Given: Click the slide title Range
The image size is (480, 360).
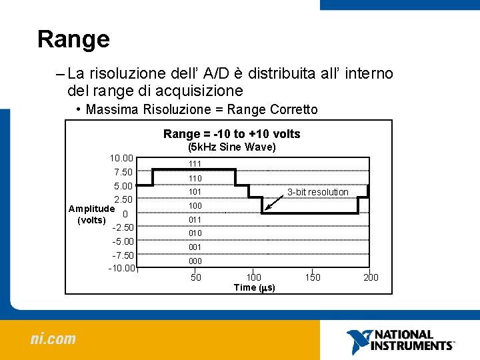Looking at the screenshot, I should [x=73, y=39].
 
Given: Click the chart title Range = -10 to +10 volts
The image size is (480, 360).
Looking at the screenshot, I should [x=231, y=134].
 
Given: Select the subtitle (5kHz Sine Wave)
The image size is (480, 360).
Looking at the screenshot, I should [x=231, y=147].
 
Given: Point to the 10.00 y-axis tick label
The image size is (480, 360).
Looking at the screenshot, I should [x=121, y=158].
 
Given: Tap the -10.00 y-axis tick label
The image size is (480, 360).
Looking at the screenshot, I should [x=121, y=269].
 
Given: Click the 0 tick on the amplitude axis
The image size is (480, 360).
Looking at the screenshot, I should [x=125, y=213].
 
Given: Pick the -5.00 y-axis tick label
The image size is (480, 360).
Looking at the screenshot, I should [x=123, y=241].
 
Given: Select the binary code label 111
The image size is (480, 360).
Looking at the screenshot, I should [x=195, y=164].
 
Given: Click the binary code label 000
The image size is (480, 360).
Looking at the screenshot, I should [x=195, y=261].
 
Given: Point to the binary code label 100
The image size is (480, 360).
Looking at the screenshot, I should [x=195, y=206].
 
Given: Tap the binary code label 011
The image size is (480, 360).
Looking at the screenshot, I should [x=195, y=219].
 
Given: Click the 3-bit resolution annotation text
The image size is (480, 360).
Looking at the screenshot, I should [x=317, y=192].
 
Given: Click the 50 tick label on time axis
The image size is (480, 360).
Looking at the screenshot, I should [x=196, y=277].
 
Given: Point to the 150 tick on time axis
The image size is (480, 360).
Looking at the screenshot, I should [x=312, y=277].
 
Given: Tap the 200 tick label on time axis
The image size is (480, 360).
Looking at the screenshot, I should [x=370, y=277].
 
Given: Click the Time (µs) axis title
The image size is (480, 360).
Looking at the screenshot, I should [x=254, y=287].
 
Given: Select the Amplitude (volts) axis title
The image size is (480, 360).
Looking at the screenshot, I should [x=91, y=214].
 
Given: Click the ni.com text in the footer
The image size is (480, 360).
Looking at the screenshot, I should [x=53, y=339].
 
